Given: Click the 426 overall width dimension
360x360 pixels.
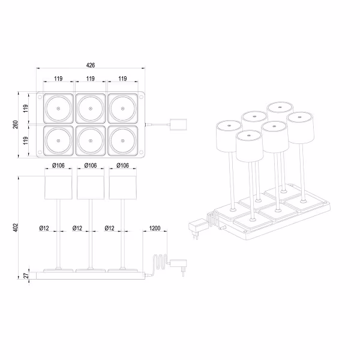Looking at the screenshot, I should (x=91, y=65).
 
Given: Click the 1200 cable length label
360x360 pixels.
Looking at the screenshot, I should (x=155, y=229).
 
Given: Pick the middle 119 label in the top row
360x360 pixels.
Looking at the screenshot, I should (x=91, y=79).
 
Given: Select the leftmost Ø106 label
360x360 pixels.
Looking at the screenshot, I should (x=58, y=166).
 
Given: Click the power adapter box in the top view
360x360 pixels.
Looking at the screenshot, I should (x=178, y=125).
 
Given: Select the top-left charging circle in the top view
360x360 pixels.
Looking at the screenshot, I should (x=58, y=109).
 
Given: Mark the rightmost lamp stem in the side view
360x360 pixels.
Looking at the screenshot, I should (x=122, y=234).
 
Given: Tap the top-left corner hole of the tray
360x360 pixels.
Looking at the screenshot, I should (x=40, y=96).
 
